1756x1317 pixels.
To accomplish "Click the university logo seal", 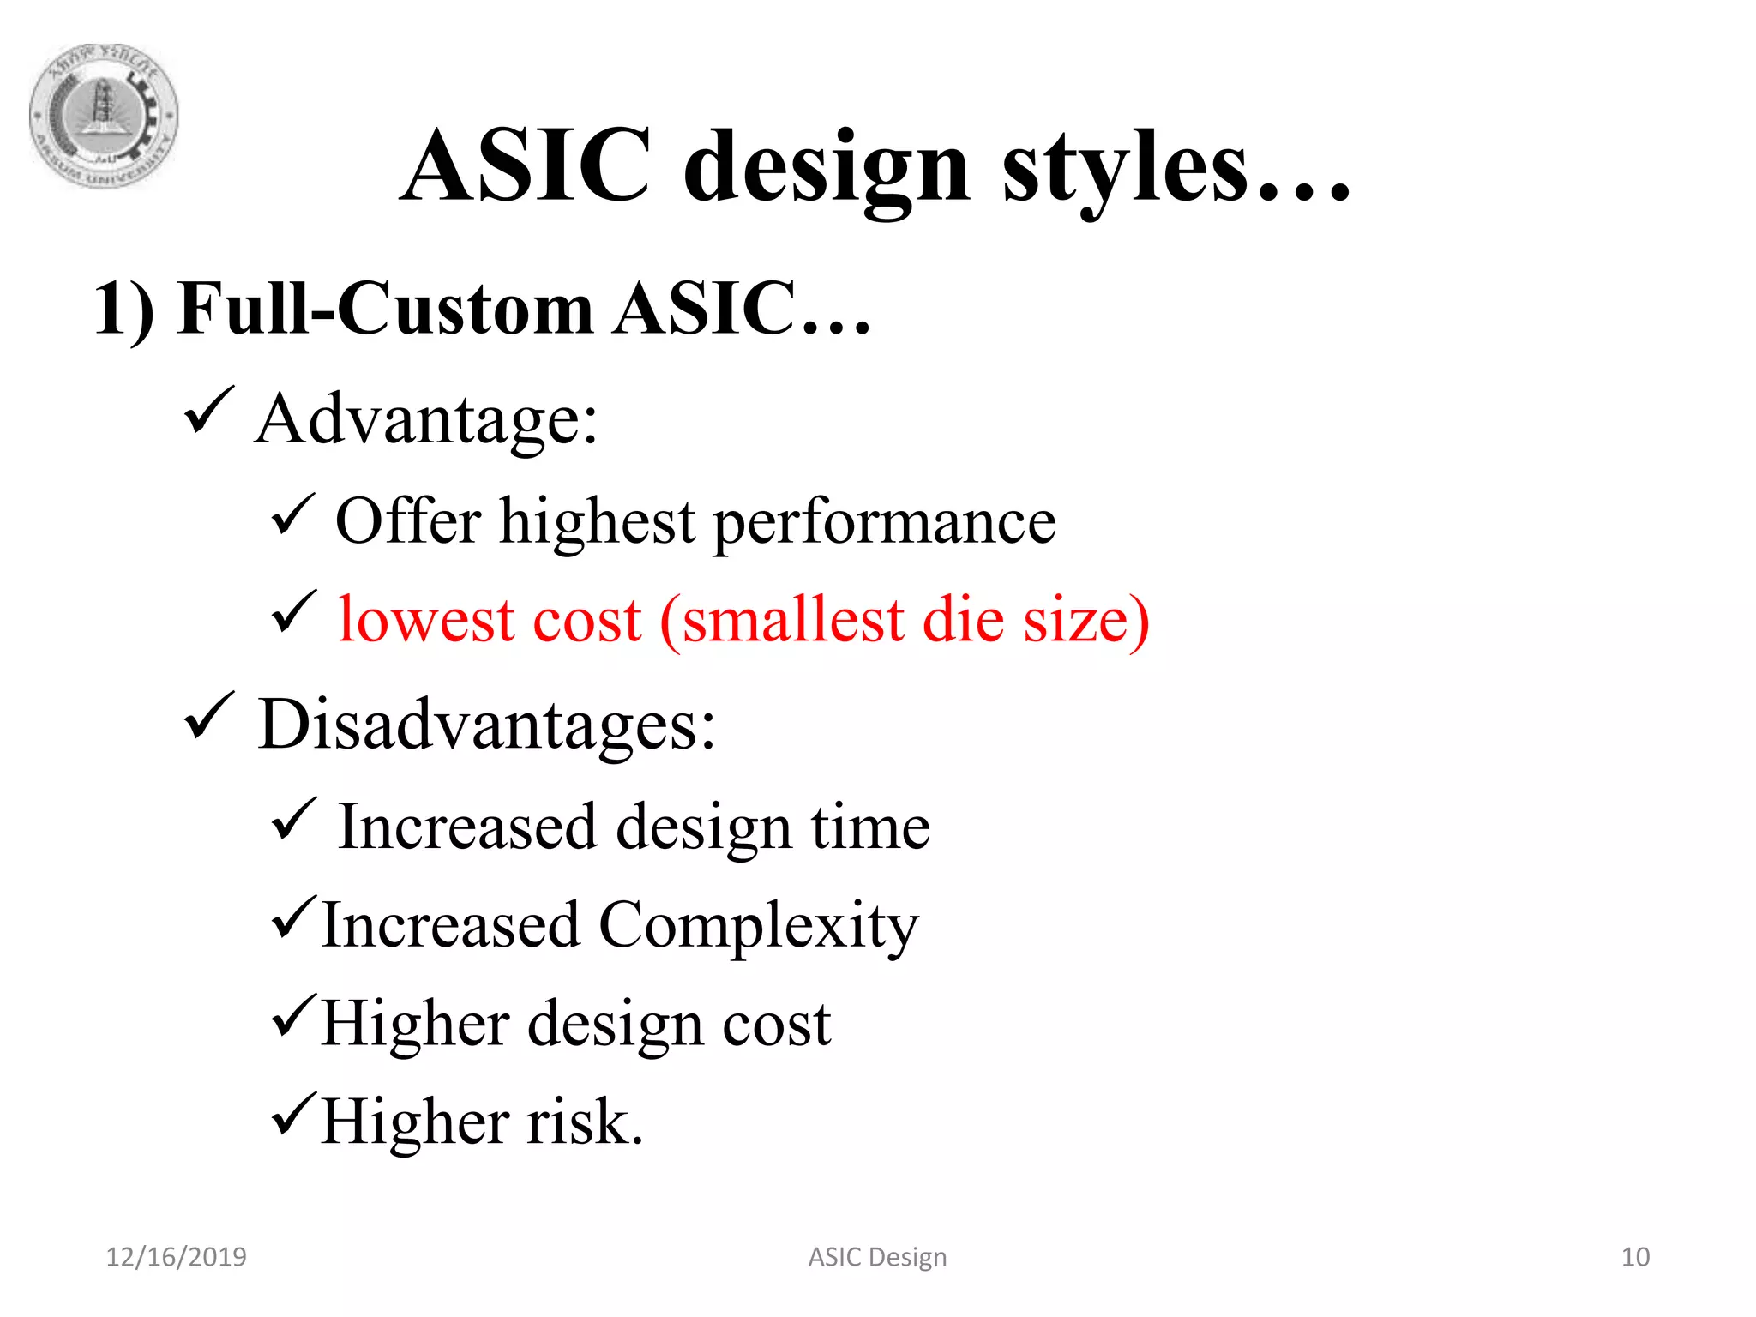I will point(104,116).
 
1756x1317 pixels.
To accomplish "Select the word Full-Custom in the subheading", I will point(386,309).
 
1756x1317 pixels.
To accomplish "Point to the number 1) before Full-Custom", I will point(123,310).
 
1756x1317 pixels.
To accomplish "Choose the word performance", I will point(884,523).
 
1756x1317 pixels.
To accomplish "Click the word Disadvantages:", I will point(486,725).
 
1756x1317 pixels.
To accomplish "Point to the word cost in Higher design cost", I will point(777,1025).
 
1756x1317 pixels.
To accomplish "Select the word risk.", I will point(584,1122).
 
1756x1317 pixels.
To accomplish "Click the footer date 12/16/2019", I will point(176,1257).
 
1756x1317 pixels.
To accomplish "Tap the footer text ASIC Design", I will point(877,1257).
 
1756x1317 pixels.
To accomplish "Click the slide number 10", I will point(1635,1257).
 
